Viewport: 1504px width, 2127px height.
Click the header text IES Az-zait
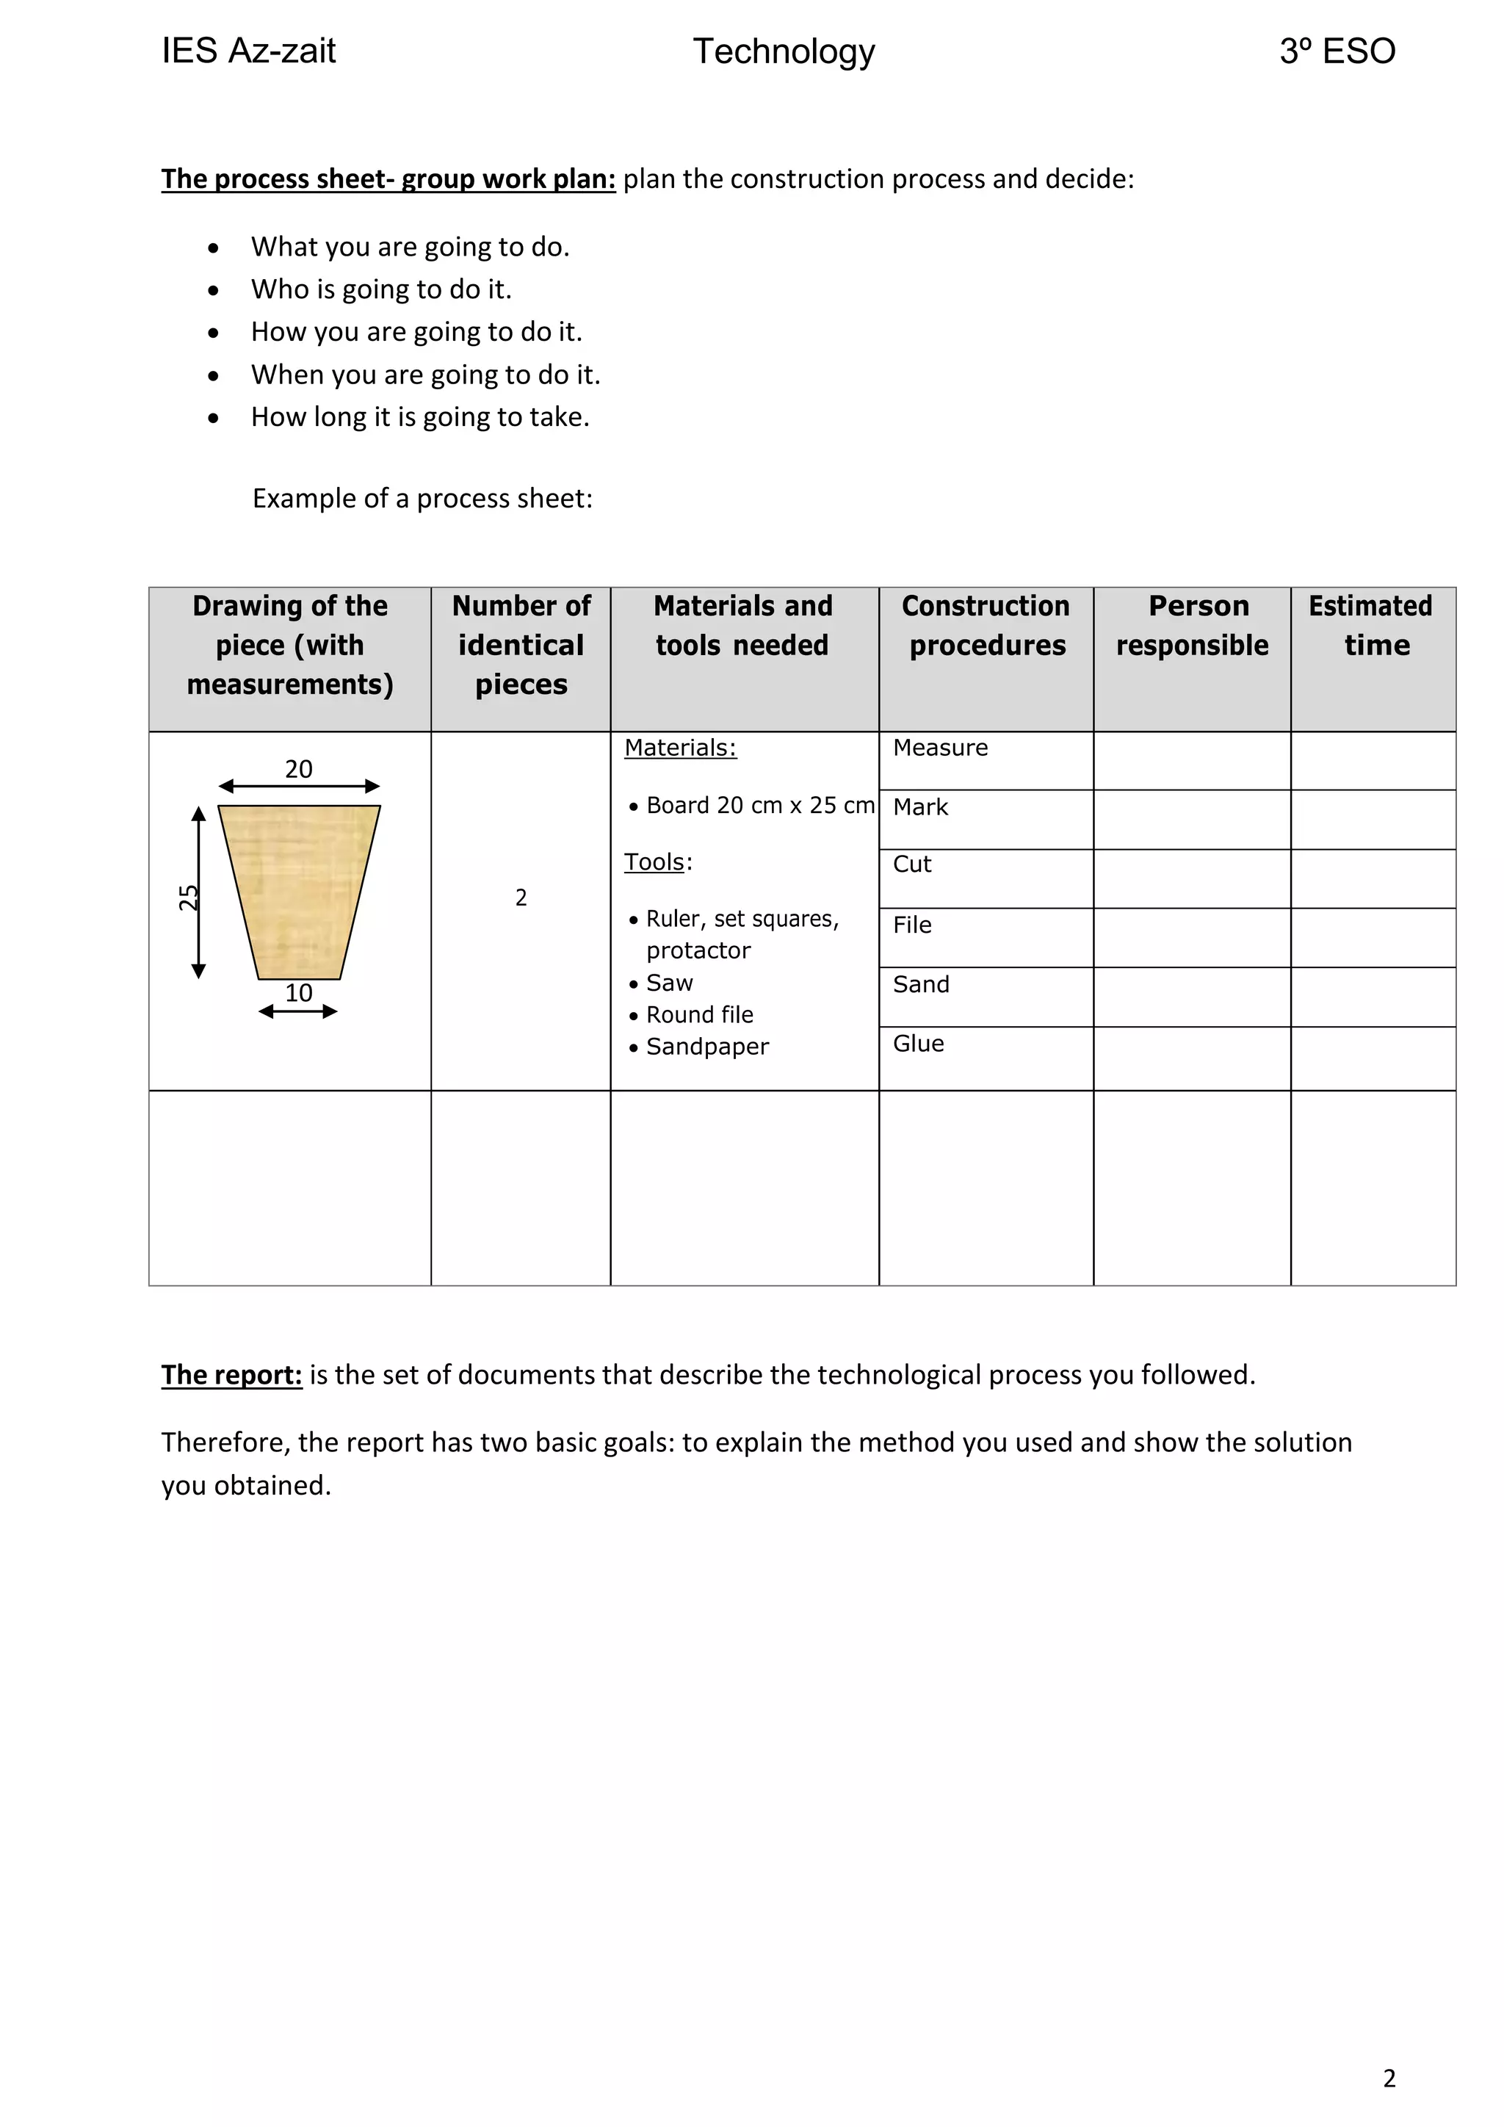click(248, 51)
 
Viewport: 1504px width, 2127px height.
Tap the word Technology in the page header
click(784, 52)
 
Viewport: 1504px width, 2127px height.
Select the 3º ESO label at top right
click(1337, 51)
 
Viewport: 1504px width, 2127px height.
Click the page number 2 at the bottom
click(1388, 2077)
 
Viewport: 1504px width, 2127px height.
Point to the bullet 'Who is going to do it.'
click(380, 289)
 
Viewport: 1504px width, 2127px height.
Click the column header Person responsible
click(1192, 625)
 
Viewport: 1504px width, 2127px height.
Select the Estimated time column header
click(1372, 625)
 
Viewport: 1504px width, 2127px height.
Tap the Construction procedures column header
click(986, 625)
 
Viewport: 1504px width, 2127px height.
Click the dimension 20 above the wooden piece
click(298, 769)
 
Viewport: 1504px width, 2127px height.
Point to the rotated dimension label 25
click(189, 897)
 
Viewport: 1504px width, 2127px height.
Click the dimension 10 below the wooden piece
click(298, 993)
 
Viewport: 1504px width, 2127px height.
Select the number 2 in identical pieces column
click(521, 897)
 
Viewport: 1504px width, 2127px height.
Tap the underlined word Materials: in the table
click(680, 748)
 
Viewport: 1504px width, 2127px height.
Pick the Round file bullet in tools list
click(699, 1014)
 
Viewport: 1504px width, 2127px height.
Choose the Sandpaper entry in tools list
click(706, 1046)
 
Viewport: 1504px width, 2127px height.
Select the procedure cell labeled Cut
click(911, 864)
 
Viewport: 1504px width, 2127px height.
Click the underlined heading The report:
click(231, 1375)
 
